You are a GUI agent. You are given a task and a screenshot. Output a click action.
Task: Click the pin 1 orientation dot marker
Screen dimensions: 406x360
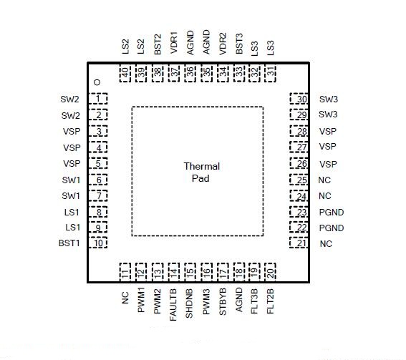coord(97,82)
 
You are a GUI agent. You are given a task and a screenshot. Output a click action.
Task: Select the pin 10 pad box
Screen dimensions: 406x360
coord(98,243)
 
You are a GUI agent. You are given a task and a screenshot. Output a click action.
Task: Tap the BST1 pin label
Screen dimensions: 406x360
coord(69,243)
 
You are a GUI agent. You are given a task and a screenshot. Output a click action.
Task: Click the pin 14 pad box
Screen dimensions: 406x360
coord(174,272)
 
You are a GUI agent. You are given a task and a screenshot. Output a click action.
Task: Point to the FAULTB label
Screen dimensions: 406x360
coord(173,305)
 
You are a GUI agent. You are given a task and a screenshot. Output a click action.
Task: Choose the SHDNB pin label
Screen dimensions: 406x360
coord(189,303)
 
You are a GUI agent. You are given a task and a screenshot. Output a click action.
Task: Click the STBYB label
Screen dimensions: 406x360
coord(223,301)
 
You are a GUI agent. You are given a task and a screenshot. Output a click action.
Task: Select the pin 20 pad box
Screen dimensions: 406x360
coord(270,272)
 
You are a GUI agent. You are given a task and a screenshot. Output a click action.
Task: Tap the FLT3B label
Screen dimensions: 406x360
coord(254,301)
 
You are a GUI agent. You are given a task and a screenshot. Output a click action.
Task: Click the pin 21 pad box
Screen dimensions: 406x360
coord(299,243)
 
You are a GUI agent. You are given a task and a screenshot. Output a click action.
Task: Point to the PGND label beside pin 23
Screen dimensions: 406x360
coord(332,213)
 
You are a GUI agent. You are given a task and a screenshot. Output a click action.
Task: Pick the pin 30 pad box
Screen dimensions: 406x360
coord(299,99)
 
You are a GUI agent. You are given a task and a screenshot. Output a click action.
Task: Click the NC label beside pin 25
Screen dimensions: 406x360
coord(324,180)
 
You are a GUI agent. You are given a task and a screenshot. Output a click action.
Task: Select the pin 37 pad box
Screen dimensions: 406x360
coord(174,73)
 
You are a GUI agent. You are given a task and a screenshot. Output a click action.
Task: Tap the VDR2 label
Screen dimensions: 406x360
coord(223,44)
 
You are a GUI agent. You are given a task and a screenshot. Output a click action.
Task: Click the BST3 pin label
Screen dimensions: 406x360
coord(239,44)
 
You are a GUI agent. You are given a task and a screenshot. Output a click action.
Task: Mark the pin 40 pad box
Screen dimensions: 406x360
coord(125,73)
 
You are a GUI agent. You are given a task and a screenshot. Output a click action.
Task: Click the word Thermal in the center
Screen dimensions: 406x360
coord(202,166)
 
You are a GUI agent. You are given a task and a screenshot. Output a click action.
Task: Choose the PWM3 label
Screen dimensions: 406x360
coord(206,302)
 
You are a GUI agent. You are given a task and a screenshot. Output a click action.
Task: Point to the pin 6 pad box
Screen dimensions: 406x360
coord(98,180)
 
